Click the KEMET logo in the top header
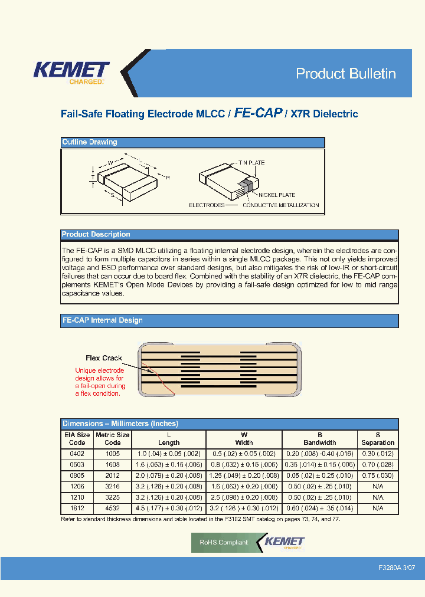pyautogui.click(x=71, y=72)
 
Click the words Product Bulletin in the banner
pyautogui.click(x=345, y=74)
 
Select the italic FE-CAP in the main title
pyautogui.click(x=258, y=113)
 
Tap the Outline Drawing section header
pyautogui.click(x=90, y=142)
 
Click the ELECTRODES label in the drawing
pyautogui.click(x=207, y=205)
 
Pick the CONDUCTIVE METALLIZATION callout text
pyautogui.click(x=281, y=205)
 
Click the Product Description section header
pyautogui.click(x=96, y=234)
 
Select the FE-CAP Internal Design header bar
pyautogui.click(x=103, y=320)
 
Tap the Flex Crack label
pyautogui.click(x=104, y=358)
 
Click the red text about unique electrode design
pyautogui.click(x=100, y=382)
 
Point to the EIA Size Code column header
pyautogui.click(x=77, y=438)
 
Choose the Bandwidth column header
pyautogui.click(x=319, y=438)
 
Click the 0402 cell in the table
pyautogui.click(x=77, y=454)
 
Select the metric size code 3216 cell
pyautogui.click(x=112, y=486)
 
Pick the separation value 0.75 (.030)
pyautogui.click(x=378, y=475)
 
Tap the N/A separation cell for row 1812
pyautogui.click(x=378, y=508)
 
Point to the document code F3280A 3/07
pyautogui.click(x=397, y=567)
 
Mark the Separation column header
pyautogui.click(x=378, y=438)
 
